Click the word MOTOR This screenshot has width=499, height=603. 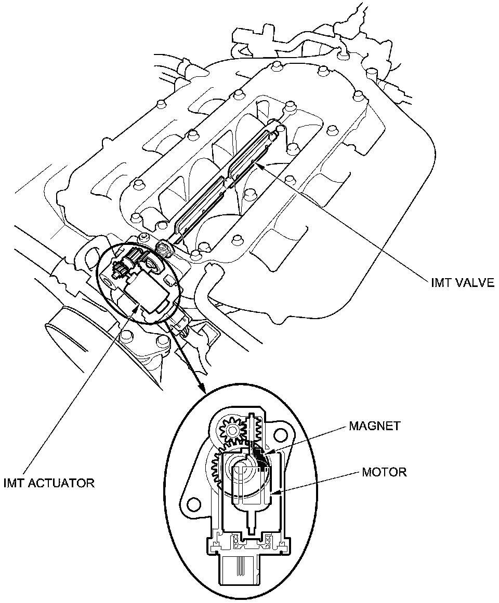click(384, 472)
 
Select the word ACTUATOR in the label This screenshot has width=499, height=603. click(64, 484)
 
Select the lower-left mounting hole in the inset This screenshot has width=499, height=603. click(194, 503)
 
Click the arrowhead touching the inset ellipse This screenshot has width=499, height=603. click(203, 391)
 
